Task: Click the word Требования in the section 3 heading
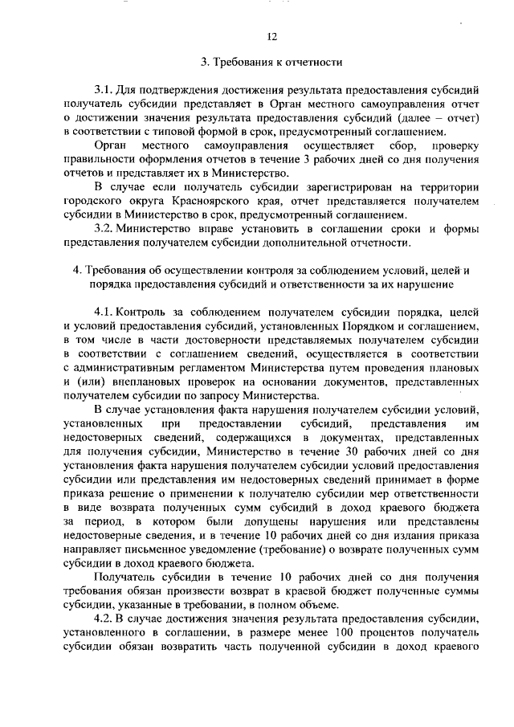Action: pyautogui.click(x=242, y=62)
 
